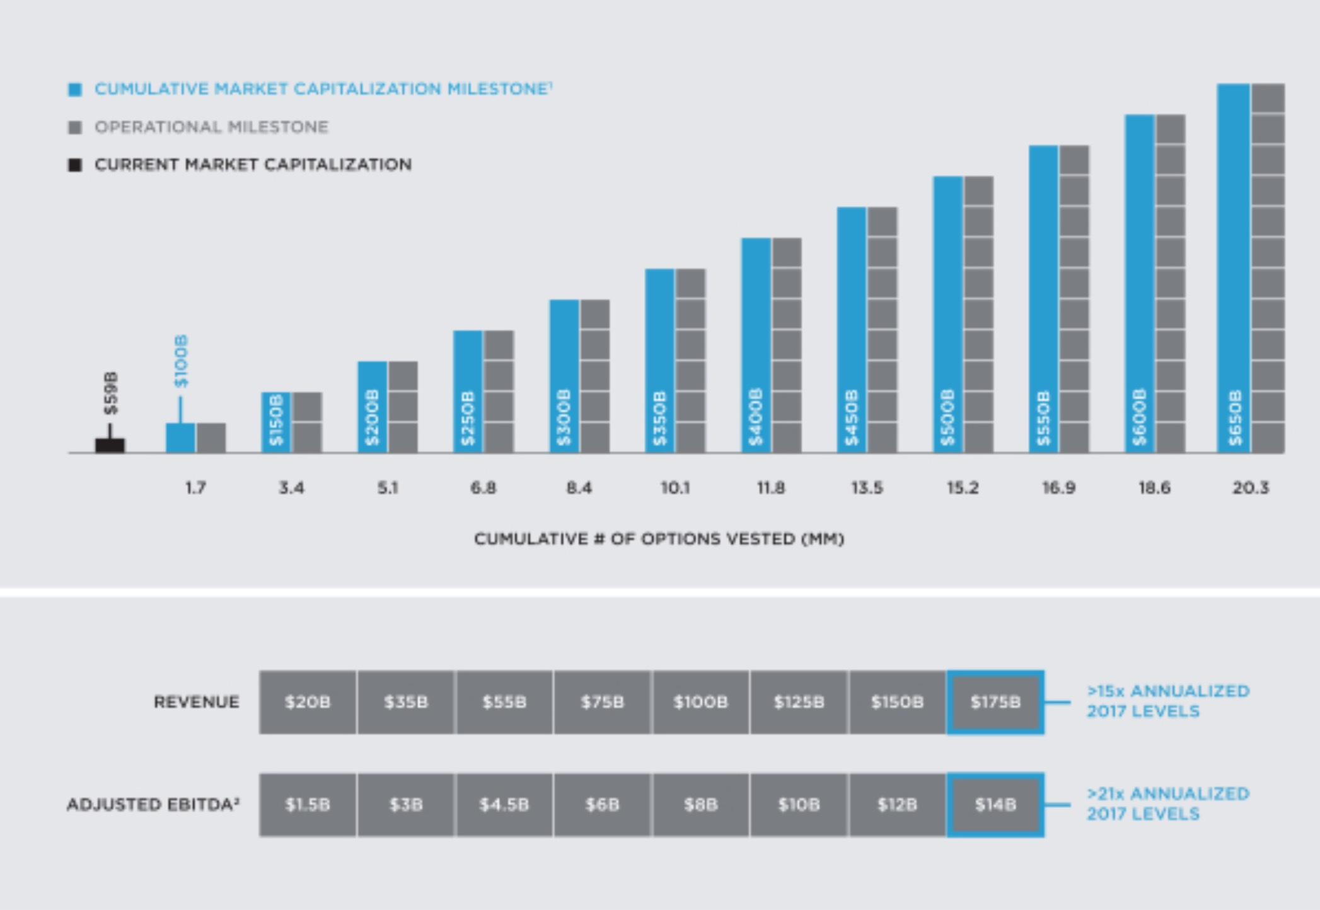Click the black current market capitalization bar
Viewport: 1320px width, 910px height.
pos(110,445)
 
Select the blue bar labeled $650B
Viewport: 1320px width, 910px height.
pos(1233,268)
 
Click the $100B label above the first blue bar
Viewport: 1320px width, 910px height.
pos(181,360)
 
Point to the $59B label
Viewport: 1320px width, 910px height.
pos(111,393)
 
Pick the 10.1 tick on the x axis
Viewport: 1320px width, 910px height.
pos(675,488)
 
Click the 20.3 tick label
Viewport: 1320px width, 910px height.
pos(1251,488)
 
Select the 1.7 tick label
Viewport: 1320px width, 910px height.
pos(195,488)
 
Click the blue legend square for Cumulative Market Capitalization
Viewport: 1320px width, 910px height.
pos(75,89)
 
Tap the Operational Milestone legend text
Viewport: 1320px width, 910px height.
pos(211,127)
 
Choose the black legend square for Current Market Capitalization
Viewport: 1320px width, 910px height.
pos(75,165)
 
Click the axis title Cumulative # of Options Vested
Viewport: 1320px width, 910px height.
pos(659,539)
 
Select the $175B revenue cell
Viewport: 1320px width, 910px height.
pos(995,702)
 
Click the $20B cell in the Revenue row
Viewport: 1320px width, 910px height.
pos(308,702)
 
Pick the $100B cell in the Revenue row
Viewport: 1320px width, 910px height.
pos(700,702)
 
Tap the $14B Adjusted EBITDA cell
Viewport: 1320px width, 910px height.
pos(995,805)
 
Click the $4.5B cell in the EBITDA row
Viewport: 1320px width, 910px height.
pos(504,805)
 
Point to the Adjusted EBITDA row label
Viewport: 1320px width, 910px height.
pos(153,805)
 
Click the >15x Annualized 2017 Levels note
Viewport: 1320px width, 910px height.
pos(1167,701)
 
